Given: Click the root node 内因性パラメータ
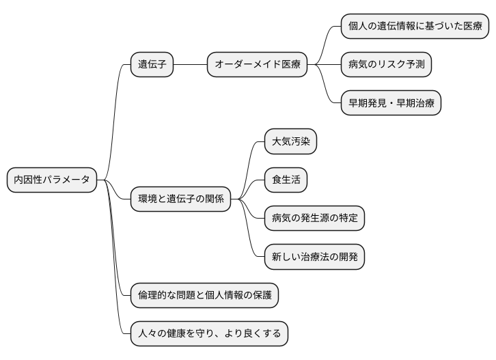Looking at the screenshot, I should [x=52, y=180].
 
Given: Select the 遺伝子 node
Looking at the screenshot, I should [x=152, y=65].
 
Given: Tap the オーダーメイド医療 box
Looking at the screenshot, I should [x=257, y=65].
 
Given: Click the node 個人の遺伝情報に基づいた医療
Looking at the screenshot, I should [x=415, y=27].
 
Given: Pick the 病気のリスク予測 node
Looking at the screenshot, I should [x=386, y=65].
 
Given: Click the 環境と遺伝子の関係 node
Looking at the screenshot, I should [x=180, y=199].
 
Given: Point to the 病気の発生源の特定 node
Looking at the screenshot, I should [x=314, y=218].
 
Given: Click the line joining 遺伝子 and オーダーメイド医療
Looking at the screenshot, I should [x=190, y=65].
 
